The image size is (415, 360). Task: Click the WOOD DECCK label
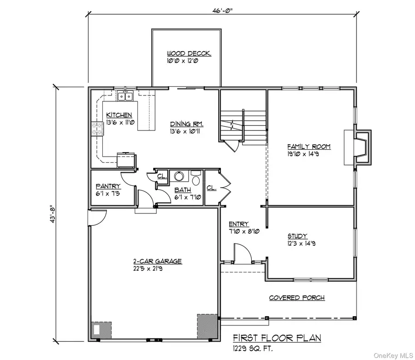tap(189, 53)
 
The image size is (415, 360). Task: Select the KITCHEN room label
tap(119, 115)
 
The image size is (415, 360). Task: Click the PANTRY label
tap(108, 186)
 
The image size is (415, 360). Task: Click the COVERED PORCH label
tap(297, 298)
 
